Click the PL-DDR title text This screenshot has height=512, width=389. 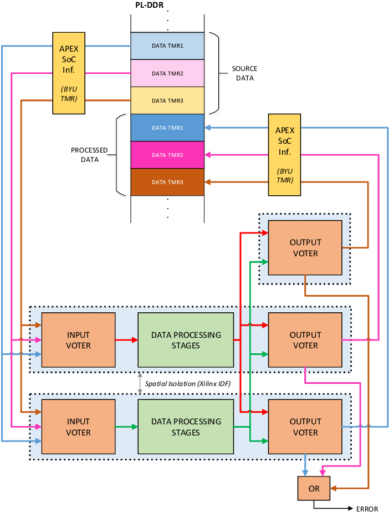150,6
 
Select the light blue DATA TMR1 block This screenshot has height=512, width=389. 167,46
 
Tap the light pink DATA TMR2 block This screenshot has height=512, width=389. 167,73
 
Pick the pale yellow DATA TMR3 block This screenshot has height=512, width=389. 167,100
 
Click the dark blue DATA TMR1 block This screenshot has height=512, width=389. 167,128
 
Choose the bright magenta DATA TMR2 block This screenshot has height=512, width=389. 167,155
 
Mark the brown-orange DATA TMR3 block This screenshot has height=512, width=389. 167,182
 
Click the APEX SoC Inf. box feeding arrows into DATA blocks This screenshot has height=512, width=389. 284,154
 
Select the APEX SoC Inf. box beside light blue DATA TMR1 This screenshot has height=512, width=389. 69,73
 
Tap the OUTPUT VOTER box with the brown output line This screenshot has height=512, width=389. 305,247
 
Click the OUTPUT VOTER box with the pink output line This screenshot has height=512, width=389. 305,340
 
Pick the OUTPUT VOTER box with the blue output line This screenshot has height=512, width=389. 305,427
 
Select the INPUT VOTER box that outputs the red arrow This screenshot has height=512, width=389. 78,340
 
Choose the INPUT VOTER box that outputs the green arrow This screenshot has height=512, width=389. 78,427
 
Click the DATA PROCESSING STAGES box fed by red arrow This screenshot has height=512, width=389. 186,340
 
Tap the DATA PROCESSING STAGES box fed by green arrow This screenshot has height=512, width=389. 186,427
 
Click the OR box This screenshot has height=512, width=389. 314,489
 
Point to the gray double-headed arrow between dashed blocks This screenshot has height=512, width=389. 140,383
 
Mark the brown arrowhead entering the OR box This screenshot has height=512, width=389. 334,489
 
